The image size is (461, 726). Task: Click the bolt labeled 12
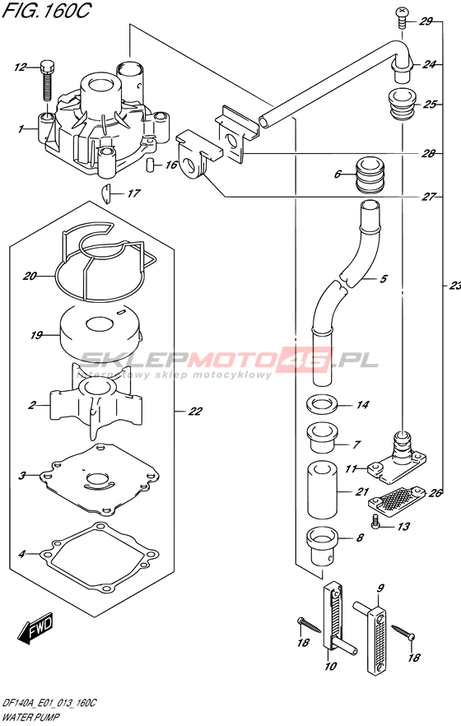pyautogui.click(x=48, y=80)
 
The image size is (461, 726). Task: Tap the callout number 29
pyautogui.click(x=425, y=21)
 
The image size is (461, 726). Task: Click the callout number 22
pyautogui.click(x=195, y=412)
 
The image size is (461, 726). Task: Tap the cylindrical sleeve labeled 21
pyautogui.click(x=322, y=490)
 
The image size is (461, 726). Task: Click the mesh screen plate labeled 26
pyautogui.click(x=396, y=501)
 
